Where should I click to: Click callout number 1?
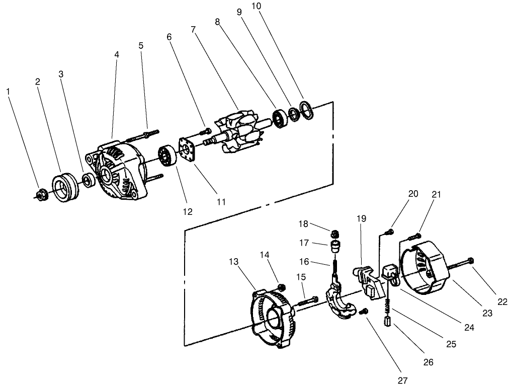[x=8, y=91]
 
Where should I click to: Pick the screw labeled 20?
[x=388, y=232]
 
